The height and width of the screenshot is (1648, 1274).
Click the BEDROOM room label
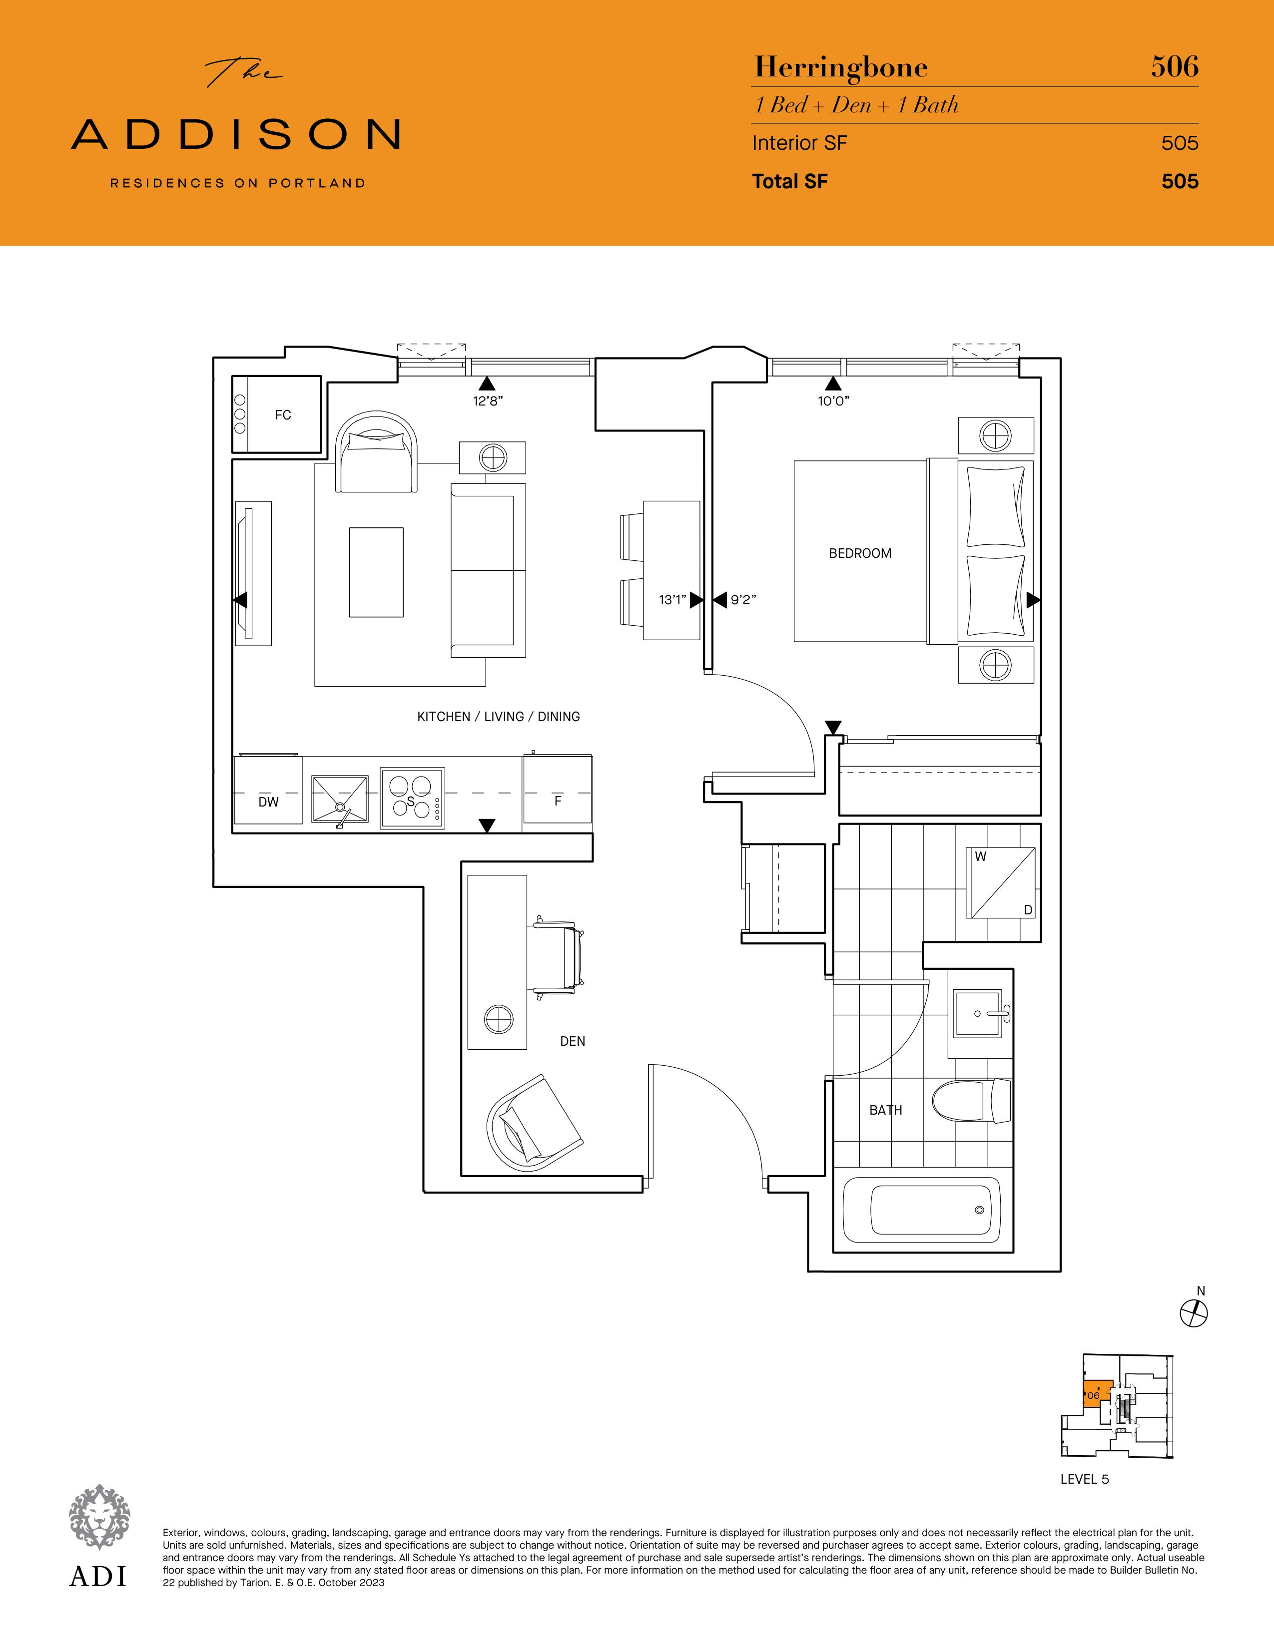[x=860, y=553]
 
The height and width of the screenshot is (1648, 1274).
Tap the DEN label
[x=572, y=1041]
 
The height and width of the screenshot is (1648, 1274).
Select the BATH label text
[x=885, y=1110]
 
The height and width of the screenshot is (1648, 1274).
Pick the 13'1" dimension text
[x=671, y=600]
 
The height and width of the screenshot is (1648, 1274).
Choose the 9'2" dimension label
[x=743, y=600]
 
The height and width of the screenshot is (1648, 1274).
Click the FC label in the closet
[x=283, y=415]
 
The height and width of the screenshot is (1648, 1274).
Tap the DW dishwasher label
[x=268, y=802]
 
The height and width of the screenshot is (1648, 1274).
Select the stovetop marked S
[x=412, y=798]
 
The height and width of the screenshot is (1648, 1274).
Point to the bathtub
[x=931, y=1210]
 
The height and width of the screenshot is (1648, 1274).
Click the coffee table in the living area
[x=376, y=572]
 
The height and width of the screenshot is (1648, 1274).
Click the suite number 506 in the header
[x=1175, y=66]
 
